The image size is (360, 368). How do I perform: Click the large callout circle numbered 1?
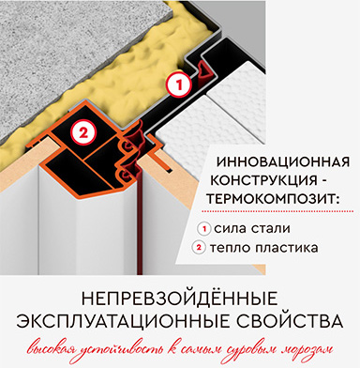179,84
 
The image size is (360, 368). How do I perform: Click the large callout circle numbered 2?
82,133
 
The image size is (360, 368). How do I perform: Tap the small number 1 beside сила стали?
204,229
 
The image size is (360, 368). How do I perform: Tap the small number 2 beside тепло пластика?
199,248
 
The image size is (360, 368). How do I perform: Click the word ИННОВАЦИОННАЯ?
283,162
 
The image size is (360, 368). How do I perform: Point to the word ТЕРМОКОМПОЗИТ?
270,199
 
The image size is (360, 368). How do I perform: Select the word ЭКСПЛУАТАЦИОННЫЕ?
123,321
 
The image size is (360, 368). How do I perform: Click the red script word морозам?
307,349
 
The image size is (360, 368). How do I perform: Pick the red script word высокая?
50,349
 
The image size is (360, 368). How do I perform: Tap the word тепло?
230,248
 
